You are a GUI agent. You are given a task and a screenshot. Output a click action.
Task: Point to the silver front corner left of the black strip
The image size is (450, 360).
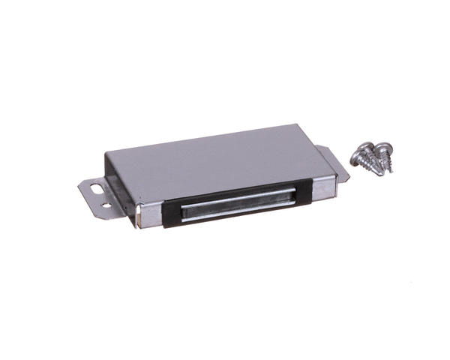click(151, 218)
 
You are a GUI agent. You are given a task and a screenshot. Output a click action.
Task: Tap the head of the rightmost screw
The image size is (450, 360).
click(387, 148)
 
